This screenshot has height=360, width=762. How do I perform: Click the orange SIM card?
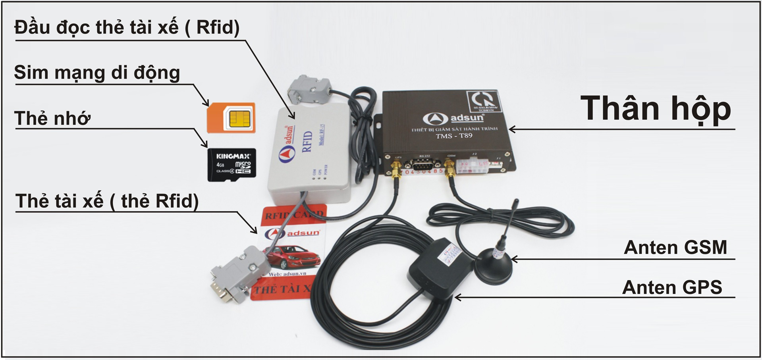231,117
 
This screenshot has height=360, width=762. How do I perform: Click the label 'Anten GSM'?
675,247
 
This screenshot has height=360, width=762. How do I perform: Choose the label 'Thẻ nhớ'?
52,118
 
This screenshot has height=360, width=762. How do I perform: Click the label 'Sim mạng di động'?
97,73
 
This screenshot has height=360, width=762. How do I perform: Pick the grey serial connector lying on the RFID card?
237,273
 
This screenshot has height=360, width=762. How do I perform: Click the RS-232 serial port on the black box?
424,164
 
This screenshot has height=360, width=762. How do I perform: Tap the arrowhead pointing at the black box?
512,129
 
